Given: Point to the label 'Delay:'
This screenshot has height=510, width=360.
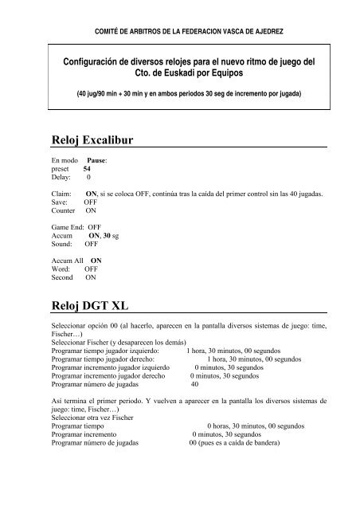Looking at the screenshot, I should [61, 178].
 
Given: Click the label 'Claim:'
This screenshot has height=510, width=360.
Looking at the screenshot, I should [61, 194].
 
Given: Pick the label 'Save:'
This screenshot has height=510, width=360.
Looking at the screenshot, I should [60, 202].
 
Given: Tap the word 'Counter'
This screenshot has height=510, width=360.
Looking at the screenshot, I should [63, 211].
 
